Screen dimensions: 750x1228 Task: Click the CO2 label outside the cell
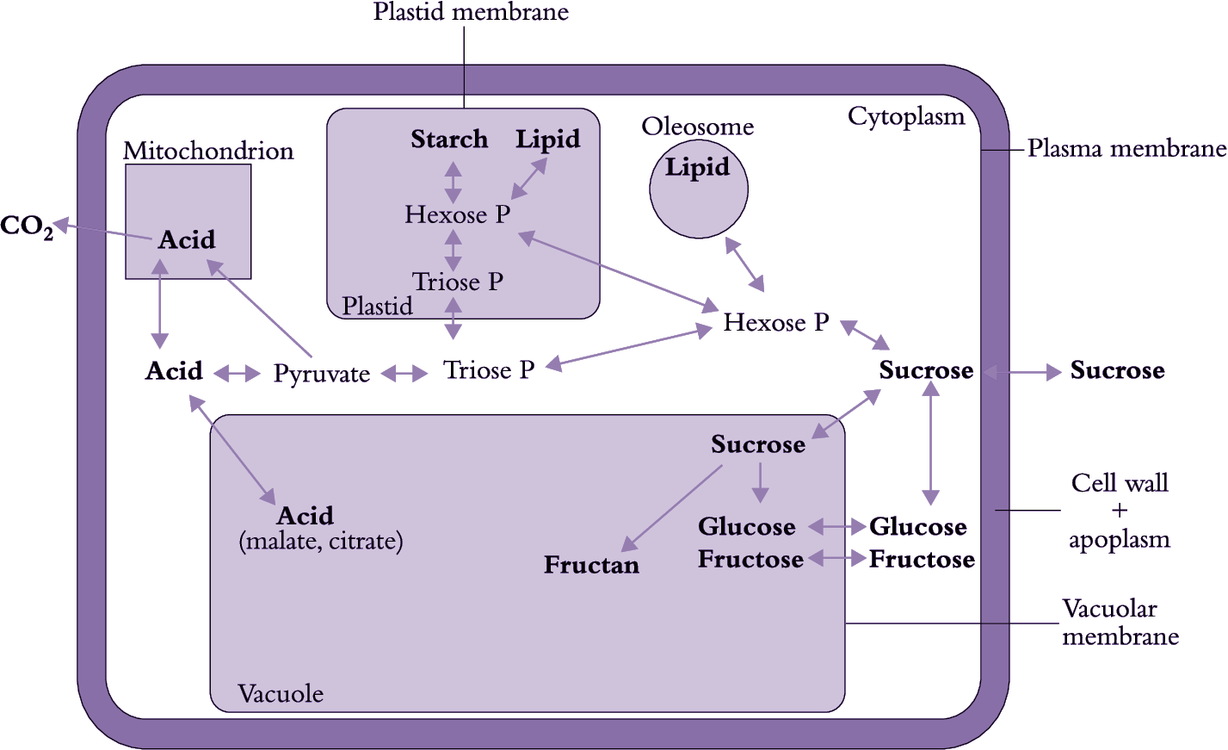tap(27, 226)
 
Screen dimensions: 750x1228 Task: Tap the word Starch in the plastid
tap(449, 139)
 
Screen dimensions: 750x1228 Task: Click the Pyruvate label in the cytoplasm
tap(322, 374)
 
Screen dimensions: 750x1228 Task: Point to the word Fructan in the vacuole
tap(592, 566)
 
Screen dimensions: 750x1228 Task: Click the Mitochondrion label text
tap(208, 151)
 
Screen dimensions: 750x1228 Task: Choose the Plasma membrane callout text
tap(1126, 149)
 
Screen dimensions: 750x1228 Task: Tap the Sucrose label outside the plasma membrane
tap(1117, 371)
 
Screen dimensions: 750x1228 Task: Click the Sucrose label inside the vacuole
tap(758, 445)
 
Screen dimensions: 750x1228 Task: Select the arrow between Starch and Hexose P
tap(453, 182)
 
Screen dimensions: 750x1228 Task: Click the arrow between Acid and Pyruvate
tap(237, 373)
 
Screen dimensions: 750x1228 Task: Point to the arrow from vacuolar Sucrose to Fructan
tap(672, 508)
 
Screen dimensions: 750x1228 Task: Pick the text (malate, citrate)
tap(321, 542)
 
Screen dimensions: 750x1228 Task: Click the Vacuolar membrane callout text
tap(1120, 623)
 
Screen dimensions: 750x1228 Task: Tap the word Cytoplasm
tap(906, 116)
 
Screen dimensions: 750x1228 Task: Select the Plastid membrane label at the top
tap(471, 12)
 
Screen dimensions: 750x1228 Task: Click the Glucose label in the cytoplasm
tap(917, 527)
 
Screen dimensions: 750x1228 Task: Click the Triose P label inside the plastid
tap(458, 282)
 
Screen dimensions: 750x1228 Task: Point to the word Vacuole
tap(281, 694)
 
